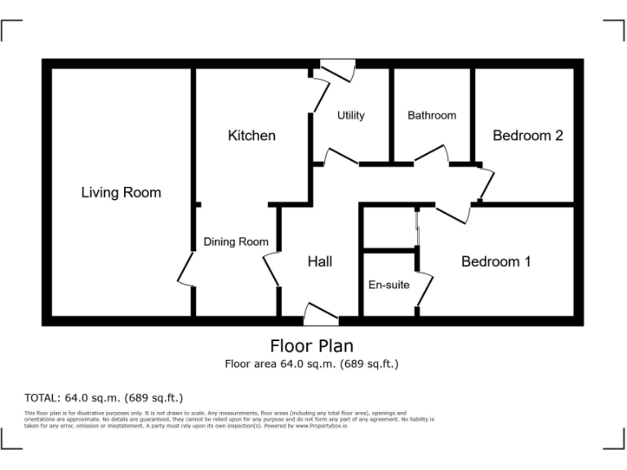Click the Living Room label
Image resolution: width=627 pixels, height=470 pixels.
(x=121, y=193)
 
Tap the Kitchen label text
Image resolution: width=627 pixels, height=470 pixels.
(x=251, y=135)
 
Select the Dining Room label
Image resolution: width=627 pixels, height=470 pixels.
(x=236, y=242)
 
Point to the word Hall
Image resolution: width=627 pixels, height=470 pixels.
(x=319, y=262)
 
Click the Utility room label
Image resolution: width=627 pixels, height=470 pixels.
(x=351, y=115)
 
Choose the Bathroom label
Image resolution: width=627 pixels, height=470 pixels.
(x=432, y=115)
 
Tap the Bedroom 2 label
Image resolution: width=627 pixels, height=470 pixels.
(x=527, y=135)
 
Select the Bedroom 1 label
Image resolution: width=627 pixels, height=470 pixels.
(x=496, y=262)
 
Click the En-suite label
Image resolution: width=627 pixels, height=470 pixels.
(x=389, y=285)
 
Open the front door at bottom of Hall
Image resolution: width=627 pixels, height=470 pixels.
(x=321, y=313)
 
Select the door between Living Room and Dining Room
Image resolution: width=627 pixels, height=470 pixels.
(x=186, y=268)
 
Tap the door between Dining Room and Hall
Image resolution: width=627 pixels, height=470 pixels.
(x=272, y=268)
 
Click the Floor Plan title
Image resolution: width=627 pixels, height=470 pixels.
(x=312, y=346)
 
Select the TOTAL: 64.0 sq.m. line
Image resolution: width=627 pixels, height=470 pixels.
(x=104, y=398)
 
